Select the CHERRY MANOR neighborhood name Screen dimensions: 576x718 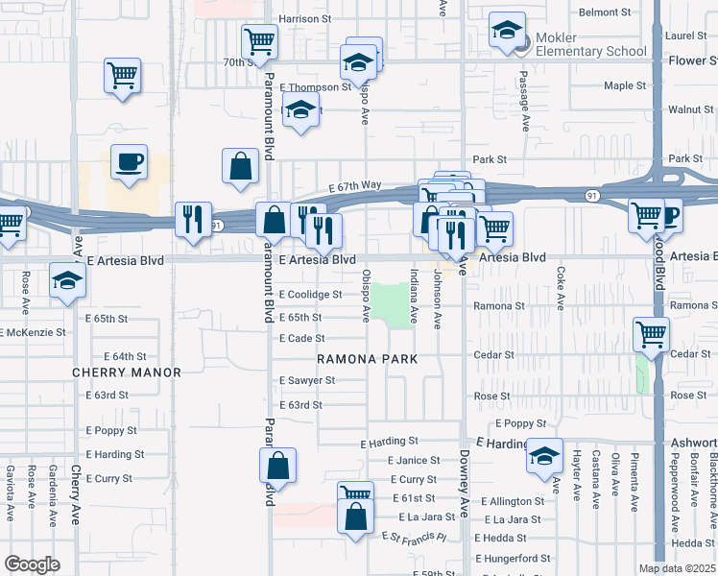127,372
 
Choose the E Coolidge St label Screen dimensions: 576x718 311,295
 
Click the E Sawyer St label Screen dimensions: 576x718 307,380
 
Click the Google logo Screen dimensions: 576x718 32,564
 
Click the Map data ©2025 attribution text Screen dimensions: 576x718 677,568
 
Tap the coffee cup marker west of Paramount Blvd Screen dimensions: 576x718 129,163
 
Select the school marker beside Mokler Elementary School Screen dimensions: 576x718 506,31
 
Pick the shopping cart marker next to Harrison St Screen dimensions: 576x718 258,42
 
